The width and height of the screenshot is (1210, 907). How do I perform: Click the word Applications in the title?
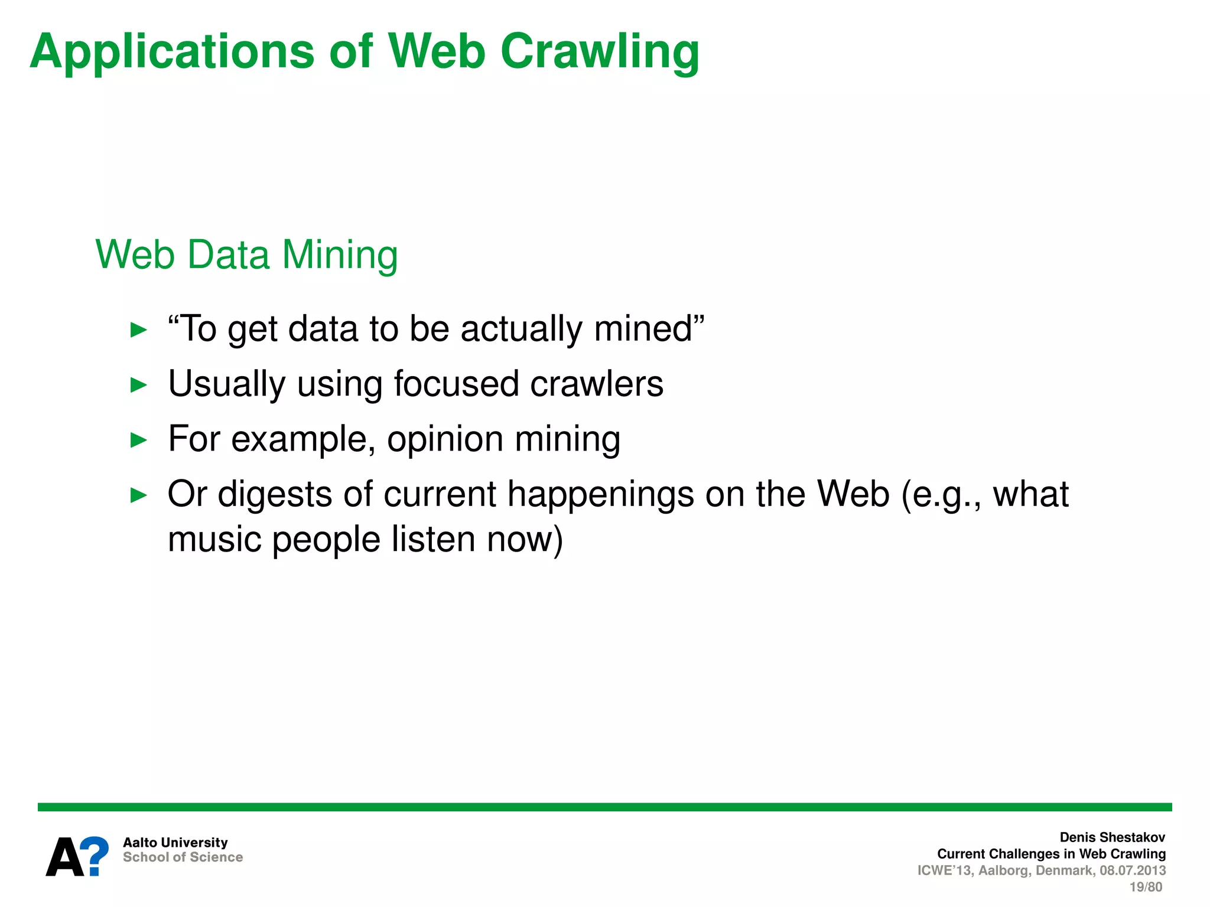172,52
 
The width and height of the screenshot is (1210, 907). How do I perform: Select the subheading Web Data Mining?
246,255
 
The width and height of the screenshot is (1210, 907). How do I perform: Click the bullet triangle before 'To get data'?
138,329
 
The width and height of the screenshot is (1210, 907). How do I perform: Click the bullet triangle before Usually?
138,385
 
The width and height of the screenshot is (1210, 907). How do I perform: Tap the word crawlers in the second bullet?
597,384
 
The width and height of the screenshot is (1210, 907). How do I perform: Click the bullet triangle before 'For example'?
138,440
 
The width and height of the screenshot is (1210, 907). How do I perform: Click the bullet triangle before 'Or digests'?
138,495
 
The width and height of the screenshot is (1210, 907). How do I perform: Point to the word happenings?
601,495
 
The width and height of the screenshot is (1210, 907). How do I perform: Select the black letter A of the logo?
65,857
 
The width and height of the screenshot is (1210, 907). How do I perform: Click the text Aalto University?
175,843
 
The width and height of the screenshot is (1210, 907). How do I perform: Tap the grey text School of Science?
183,857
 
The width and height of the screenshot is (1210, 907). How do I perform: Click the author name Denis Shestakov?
1112,837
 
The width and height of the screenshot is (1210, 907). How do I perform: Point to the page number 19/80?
1145,887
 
